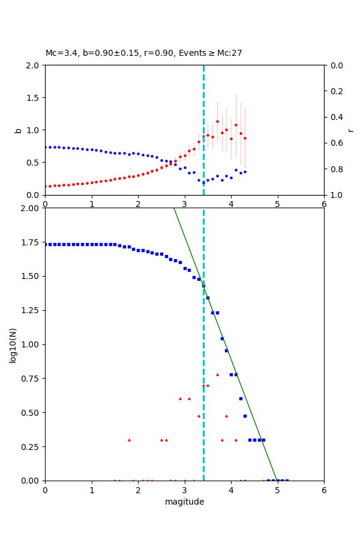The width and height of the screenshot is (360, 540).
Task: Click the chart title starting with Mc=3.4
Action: point(144,53)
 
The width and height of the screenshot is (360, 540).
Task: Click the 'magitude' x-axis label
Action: point(184,502)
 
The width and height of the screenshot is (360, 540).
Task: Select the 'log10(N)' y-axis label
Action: point(13,344)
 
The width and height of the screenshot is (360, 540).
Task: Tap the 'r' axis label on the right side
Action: point(350,130)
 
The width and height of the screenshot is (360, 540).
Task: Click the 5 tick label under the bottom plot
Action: point(278,490)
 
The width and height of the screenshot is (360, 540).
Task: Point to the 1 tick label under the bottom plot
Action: point(92,490)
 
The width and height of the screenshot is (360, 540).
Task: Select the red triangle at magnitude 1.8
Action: point(129,440)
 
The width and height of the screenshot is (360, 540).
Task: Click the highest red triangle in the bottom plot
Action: point(217,374)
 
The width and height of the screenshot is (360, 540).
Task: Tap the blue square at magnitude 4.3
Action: point(245,416)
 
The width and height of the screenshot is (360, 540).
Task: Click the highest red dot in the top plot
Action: point(217,121)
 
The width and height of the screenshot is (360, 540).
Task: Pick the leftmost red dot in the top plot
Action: point(46,186)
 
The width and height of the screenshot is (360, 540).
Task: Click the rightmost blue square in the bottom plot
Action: point(287,481)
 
